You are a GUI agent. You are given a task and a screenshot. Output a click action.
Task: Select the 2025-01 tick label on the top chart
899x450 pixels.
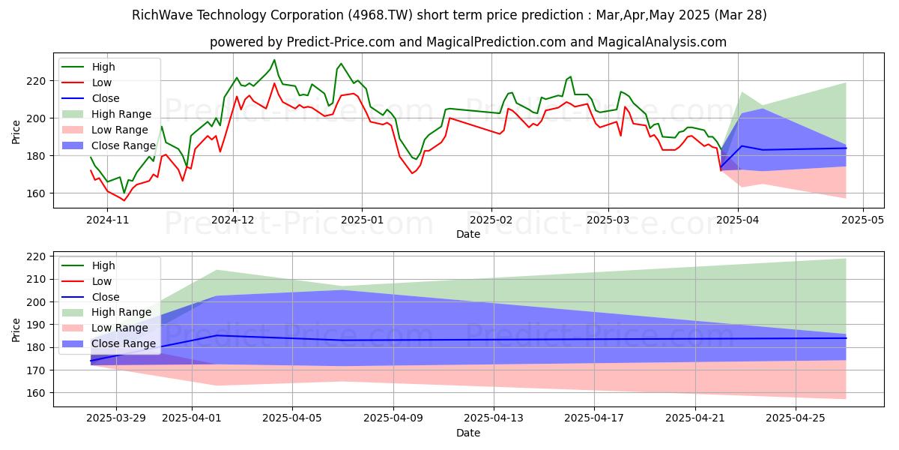click(x=362, y=219)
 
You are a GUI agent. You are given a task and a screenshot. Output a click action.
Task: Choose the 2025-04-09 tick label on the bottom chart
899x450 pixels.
click(x=393, y=418)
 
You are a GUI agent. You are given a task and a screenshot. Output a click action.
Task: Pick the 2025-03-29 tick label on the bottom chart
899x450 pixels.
click(x=116, y=418)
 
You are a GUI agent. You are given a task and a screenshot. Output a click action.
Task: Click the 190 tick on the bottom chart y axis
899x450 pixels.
click(x=37, y=325)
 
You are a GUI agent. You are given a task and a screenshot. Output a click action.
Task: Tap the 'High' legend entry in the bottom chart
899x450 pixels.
click(x=103, y=265)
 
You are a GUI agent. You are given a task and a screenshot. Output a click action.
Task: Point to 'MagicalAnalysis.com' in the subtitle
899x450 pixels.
click(x=662, y=43)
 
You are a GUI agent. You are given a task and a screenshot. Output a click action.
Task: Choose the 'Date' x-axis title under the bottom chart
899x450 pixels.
click(x=468, y=433)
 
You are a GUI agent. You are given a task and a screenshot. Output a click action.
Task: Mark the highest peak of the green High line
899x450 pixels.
click(x=274, y=60)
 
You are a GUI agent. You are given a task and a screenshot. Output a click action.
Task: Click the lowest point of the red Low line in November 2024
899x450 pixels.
click(x=124, y=200)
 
